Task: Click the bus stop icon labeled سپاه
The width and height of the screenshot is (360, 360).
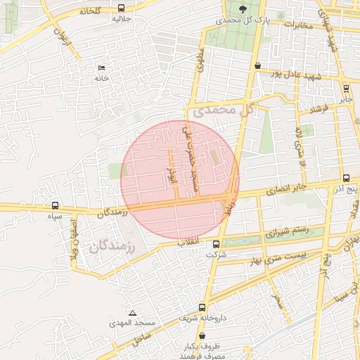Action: pyautogui.click(x=55, y=205)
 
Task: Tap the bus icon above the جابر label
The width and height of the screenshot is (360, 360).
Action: pyautogui.click(x=345, y=89)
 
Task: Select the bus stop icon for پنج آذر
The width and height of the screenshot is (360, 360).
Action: pyautogui.click(x=346, y=179)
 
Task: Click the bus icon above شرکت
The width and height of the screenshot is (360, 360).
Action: pyautogui.click(x=215, y=245)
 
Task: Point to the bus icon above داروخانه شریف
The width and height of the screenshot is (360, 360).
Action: pyautogui.click(x=202, y=307)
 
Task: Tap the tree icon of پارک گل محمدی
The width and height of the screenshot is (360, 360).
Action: pyautogui.click(x=243, y=9)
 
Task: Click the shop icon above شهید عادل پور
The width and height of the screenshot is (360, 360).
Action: pyautogui.click(x=257, y=65)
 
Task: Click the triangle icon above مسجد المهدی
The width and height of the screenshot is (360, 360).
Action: pyautogui.click(x=132, y=313)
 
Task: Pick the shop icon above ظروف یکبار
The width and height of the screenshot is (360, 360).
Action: pyautogui.click(x=202, y=337)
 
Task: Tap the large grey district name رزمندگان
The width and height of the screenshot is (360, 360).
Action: pyautogui.click(x=112, y=246)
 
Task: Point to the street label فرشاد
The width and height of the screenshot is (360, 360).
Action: pyautogui.click(x=319, y=110)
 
